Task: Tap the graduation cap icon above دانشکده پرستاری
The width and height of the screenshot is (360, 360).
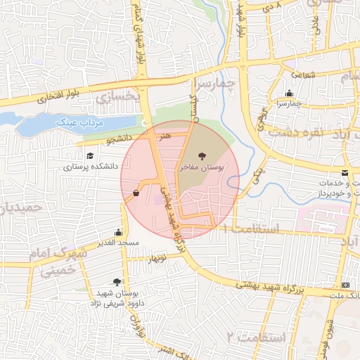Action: tap(89, 156)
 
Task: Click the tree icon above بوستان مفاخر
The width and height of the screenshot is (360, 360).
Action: tap(202, 156)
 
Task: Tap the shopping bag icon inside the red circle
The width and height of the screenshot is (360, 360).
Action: tap(136, 192)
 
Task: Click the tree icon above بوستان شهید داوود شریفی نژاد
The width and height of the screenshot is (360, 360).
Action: tap(117, 282)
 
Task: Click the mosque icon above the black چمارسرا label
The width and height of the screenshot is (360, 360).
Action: tap(289, 94)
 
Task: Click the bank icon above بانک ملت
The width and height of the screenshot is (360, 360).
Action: tap(345, 285)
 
